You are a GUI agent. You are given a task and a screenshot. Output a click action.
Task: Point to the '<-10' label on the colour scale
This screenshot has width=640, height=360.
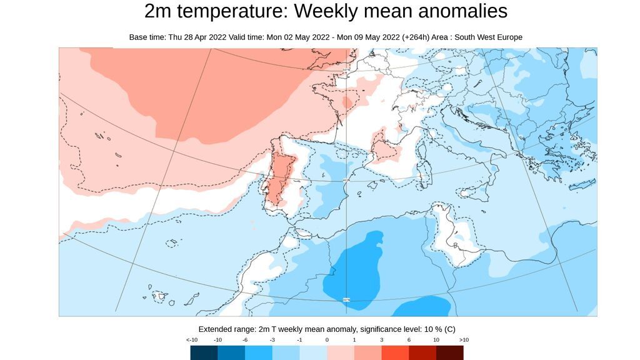point(192,339)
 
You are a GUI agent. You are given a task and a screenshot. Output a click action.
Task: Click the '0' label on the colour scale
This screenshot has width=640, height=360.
point(327,339)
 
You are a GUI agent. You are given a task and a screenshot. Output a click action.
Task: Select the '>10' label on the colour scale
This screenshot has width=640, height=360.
point(464,339)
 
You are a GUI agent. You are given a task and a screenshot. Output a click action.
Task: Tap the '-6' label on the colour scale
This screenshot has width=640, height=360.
point(246,339)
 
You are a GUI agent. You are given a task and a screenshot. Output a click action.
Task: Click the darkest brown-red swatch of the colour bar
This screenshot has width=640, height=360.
point(449,353)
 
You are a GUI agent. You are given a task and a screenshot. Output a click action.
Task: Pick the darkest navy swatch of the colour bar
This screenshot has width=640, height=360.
point(204,353)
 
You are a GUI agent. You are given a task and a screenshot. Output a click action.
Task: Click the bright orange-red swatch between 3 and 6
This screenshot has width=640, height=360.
point(395,353)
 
